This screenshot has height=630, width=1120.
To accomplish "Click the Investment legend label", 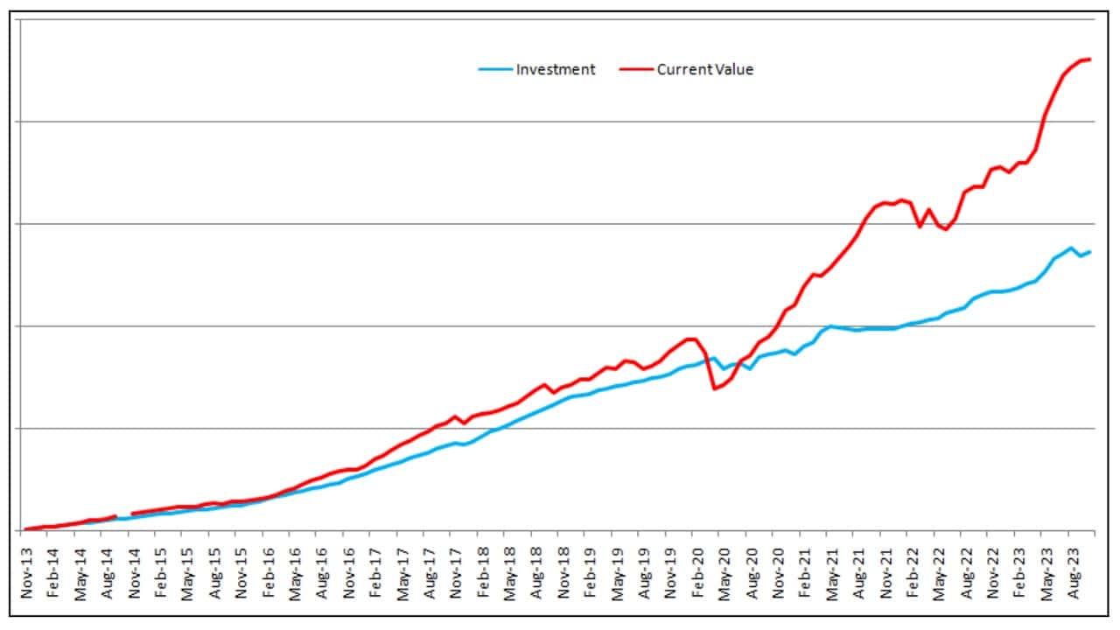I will coord(555,70).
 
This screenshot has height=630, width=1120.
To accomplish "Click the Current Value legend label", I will coord(704,70).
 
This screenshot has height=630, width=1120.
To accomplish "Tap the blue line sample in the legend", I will coord(494,70).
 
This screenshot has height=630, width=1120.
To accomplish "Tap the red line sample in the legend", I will coord(635,70).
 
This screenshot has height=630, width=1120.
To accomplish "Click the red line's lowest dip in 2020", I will coord(715,388).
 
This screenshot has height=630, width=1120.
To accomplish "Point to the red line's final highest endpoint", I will coord(1089,59).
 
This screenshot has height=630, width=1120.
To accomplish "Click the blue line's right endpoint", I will coord(1089,252).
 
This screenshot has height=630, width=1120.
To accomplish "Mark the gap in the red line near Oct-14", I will coord(123,515).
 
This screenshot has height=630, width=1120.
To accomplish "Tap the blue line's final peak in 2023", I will coord(1071,248).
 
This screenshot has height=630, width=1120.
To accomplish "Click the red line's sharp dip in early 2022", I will coord(920,227).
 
